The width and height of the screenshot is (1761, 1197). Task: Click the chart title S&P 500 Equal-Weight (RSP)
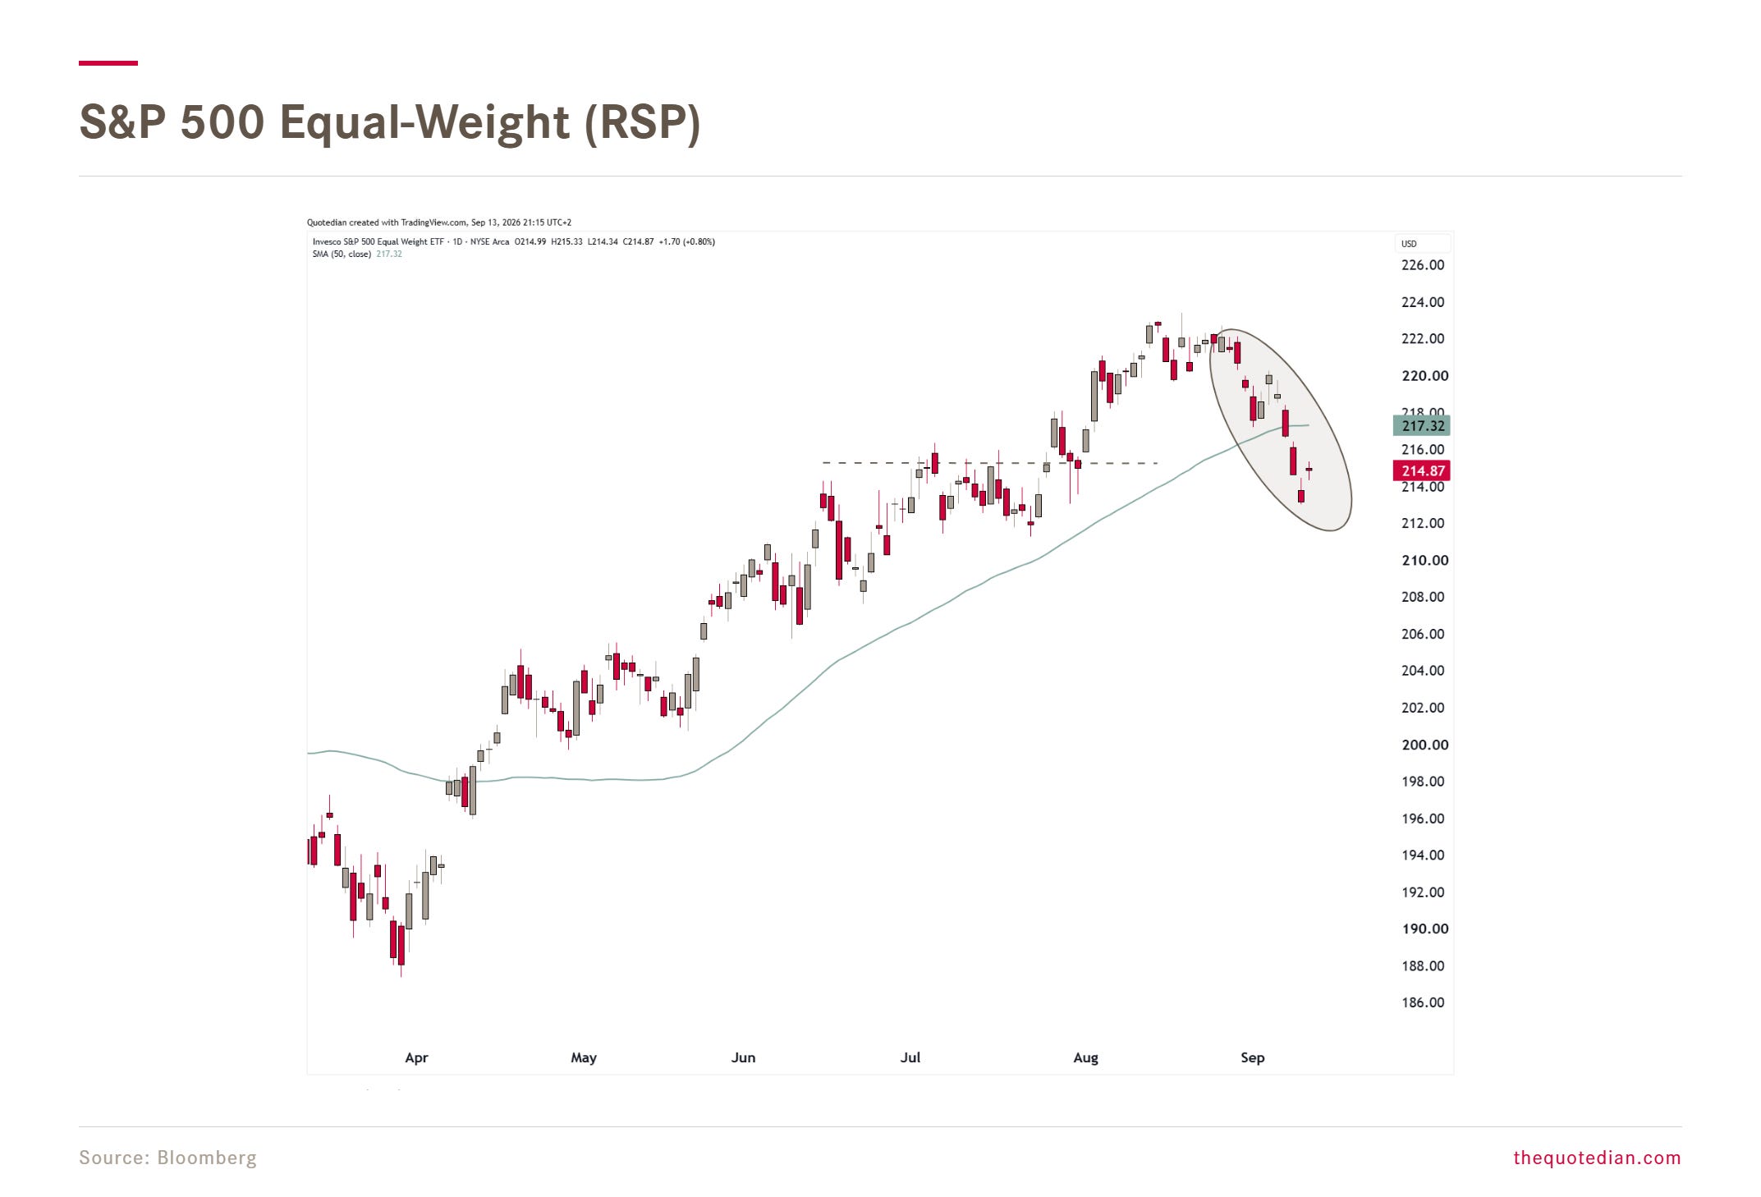click(390, 122)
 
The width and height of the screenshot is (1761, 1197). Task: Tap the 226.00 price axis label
click(1423, 265)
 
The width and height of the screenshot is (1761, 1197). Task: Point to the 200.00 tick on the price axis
click(1424, 745)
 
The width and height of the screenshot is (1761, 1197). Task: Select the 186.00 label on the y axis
click(1423, 1002)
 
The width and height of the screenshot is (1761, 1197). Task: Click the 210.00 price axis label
click(1424, 561)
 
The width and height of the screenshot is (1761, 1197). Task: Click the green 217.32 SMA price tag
click(1422, 425)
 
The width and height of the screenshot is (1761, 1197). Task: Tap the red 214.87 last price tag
click(1422, 470)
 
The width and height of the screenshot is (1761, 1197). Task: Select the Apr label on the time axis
click(416, 1057)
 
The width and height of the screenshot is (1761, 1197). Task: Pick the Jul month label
click(910, 1057)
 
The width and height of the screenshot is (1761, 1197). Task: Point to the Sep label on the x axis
click(1252, 1057)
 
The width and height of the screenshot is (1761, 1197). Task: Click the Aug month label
click(1085, 1057)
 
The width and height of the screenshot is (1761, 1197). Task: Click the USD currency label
click(1409, 244)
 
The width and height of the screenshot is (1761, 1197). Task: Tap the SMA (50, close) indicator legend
click(341, 255)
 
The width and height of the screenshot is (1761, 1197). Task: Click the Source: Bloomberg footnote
click(167, 1158)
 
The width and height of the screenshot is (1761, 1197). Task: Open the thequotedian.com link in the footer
click(1597, 1158)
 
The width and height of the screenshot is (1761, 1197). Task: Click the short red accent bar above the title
click(108, 62)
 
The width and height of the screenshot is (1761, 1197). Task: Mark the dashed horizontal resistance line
click(990, 463)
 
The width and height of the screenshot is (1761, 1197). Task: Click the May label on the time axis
click(584, 1057)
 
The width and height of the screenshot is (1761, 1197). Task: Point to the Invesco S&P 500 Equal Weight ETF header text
click(378, 242)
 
